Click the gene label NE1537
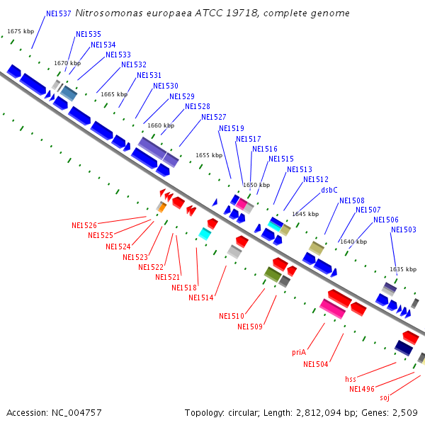[x=58, y=13]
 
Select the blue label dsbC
[x=329, y=190]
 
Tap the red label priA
[x=299, y=352]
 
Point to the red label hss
[x=351, y=379]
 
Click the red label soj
[x=385, y=398]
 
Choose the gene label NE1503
[x=404, y=229]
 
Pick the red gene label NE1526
[x=84, y=225]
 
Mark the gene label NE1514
[x=201, y=298]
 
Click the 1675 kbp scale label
[x=21, y=32]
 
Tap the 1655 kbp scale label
[x=209, y=155]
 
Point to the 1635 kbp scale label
[x=402, y=269]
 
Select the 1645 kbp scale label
[x=305, y=214]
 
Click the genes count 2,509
[x=406, y=412]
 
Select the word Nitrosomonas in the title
[x=108, y=13]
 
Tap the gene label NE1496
[x=362, y=389]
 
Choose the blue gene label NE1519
[x=232, y=129]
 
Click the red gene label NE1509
[x=250, y=327]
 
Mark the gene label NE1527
[x=214, y=118]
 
